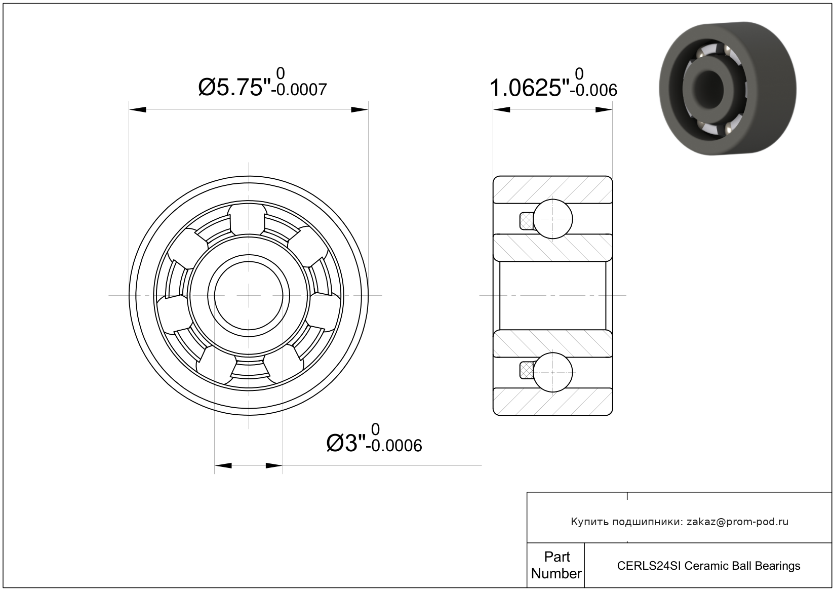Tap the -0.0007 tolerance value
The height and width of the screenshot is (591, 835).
point(299,90)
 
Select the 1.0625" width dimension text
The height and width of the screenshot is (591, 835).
point(529,88)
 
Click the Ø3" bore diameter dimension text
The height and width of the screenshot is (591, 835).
point(346,443)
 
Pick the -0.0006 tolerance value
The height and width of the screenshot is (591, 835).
point(394,446)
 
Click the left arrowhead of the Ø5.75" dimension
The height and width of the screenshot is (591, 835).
point(137,109)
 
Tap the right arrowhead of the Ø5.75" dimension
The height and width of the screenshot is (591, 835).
point(360,109)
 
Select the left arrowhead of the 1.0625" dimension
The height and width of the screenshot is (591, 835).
point(501,109)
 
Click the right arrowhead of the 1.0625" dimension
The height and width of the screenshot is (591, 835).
point(604,109)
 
